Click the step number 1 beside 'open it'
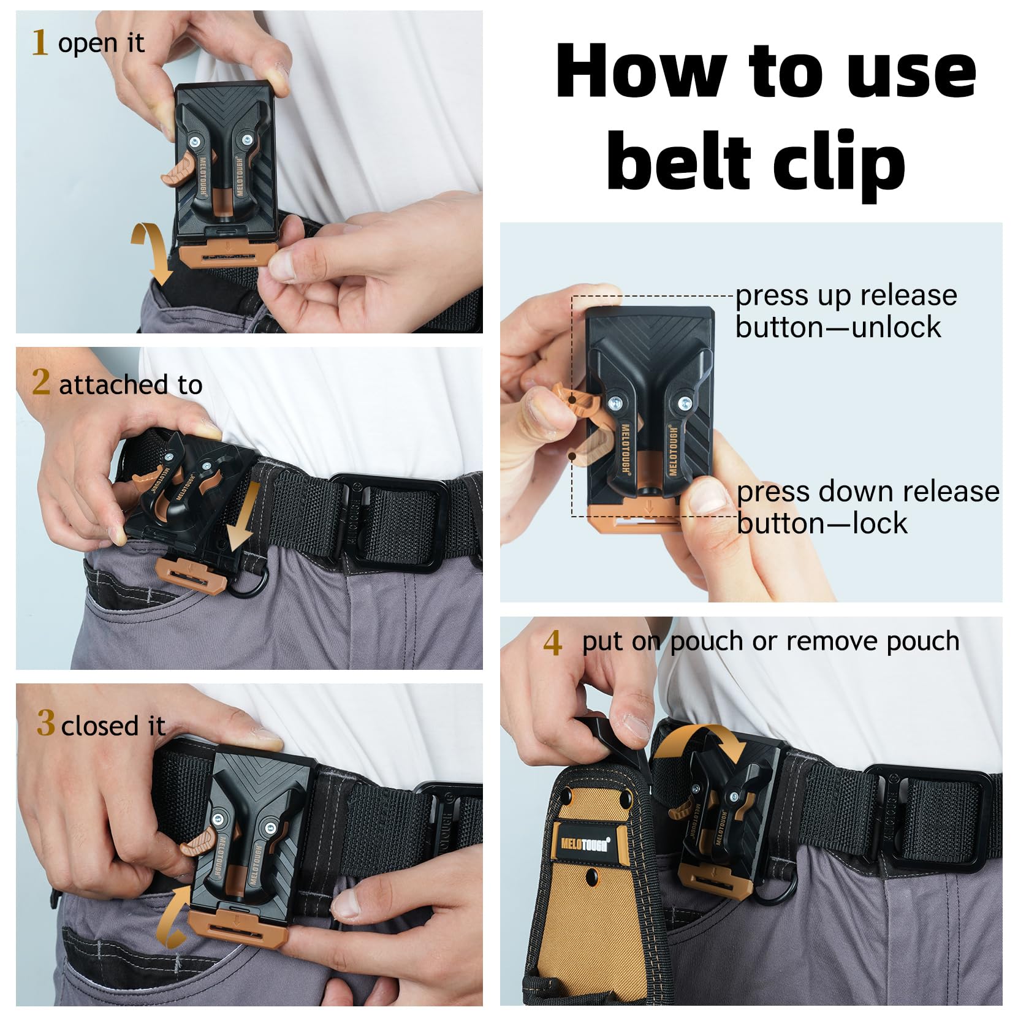[39, 43]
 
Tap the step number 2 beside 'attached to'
[40, 382]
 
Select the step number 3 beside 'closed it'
[46, 723]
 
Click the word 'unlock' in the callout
[897, 327]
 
